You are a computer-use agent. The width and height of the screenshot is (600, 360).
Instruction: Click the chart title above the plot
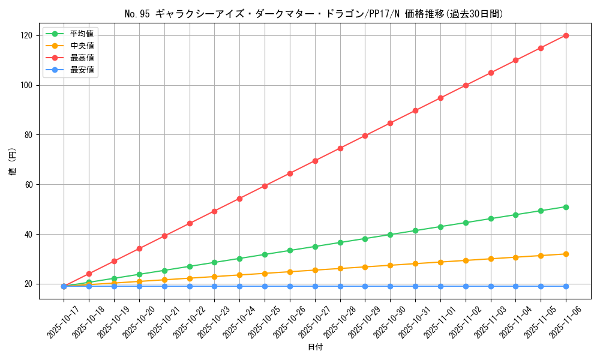(314, 14)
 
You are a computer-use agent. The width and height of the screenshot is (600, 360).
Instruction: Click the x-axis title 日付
(315, 347)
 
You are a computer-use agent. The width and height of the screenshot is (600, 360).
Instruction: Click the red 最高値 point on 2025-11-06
(566, 35)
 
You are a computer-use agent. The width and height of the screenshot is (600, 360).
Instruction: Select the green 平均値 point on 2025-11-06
(566, 207)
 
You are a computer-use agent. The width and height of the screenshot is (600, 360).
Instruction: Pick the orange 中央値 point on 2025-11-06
(566, 254)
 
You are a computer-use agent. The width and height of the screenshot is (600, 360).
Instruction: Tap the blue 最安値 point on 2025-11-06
(566, 286)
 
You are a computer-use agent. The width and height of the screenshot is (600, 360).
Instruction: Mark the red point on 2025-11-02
(466, 85)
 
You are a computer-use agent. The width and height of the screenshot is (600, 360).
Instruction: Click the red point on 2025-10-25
(265, 186)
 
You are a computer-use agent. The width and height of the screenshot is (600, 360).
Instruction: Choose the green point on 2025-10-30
(390, 235)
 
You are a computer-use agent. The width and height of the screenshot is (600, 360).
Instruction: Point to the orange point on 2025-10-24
(239, 275)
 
